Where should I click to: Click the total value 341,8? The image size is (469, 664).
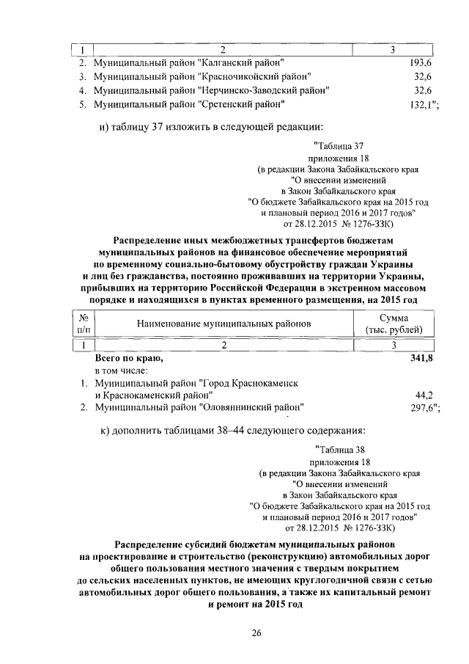421,358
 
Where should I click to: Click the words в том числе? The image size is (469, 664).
122,371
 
